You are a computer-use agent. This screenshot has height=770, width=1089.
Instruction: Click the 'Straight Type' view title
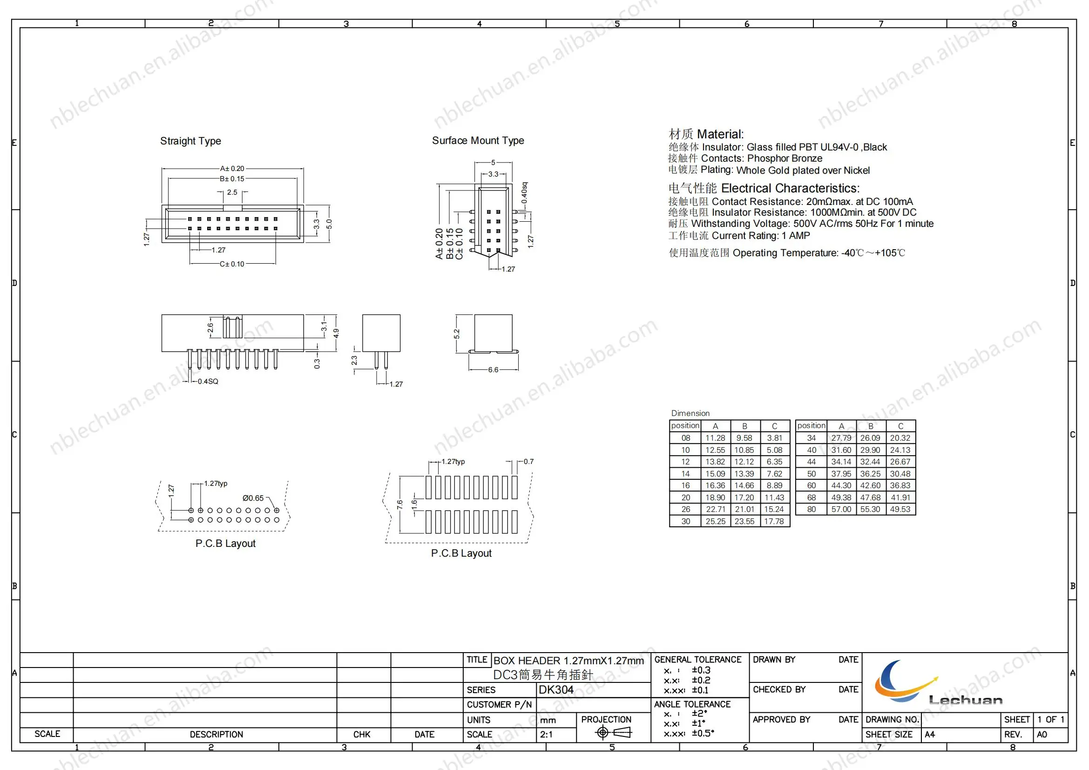point(190,141)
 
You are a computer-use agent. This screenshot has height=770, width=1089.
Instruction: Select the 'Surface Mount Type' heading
point(478,140)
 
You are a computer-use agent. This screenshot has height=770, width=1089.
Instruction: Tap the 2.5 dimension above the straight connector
point(232,192)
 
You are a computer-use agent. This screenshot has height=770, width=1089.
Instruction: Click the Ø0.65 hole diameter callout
point(253,498)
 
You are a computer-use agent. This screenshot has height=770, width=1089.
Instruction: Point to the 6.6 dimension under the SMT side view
point(493,369)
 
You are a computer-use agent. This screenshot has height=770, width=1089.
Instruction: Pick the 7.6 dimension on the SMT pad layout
point(400,504)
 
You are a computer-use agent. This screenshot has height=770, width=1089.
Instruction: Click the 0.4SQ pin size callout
point(208,382)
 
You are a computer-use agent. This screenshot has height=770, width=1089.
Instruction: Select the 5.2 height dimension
point(457,334)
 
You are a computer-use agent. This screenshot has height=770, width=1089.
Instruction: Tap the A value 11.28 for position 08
point(715,438)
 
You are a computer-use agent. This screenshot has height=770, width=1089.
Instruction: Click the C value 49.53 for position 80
point(900,509)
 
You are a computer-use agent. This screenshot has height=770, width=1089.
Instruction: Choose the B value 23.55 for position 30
point(744,521)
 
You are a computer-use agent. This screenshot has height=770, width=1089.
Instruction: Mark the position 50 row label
point(812,473)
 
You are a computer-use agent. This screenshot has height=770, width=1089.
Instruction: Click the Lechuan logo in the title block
point(930,683)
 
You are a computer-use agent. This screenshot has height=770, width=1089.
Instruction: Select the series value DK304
point(556,690)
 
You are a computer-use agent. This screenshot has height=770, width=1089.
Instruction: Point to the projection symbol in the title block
point(613,733)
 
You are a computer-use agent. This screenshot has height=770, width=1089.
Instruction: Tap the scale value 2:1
point(546,735)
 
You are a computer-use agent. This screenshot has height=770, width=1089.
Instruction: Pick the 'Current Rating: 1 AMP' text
point(761,236)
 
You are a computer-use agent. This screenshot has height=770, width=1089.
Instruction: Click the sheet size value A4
point(930,735)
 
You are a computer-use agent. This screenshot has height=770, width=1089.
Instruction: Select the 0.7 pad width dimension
point(528,461)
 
